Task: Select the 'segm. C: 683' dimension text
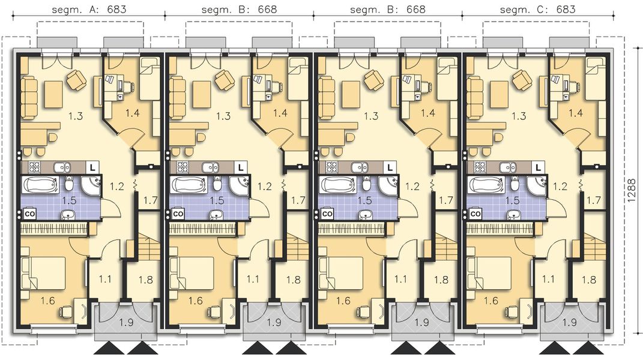(x=537, y=9)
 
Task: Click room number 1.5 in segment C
(x=511, y=201)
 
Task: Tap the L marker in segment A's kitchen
(x=94, y=167)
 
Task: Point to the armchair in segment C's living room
(x=521, y=79)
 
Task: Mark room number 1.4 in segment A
(x=133, y=112)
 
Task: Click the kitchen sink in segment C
(x=509, y=167)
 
